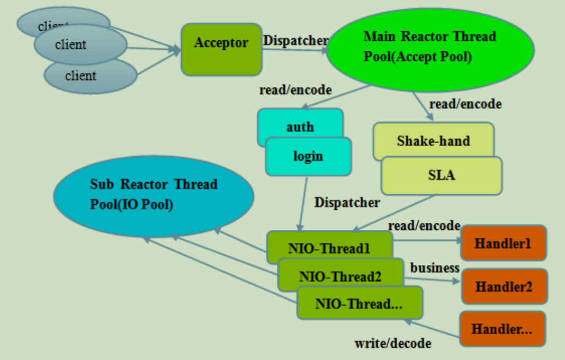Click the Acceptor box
(221, 50)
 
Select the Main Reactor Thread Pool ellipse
(430, 50)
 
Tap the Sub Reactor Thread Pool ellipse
(154, 196)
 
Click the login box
(308, 156)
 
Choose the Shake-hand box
(434, 140)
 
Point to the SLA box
(442, 175)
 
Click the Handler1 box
(504, 243)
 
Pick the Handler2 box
(504, 286)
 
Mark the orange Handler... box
(503, 329)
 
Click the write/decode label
(393, 344)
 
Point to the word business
(435, 268)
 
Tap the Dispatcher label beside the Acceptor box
(295, 40)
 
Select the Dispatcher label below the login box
(347, 203)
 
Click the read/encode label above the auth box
(295, 90)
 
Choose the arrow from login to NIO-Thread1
(303, 204)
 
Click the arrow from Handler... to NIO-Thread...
(432, 328)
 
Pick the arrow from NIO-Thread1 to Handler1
(427, 240)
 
